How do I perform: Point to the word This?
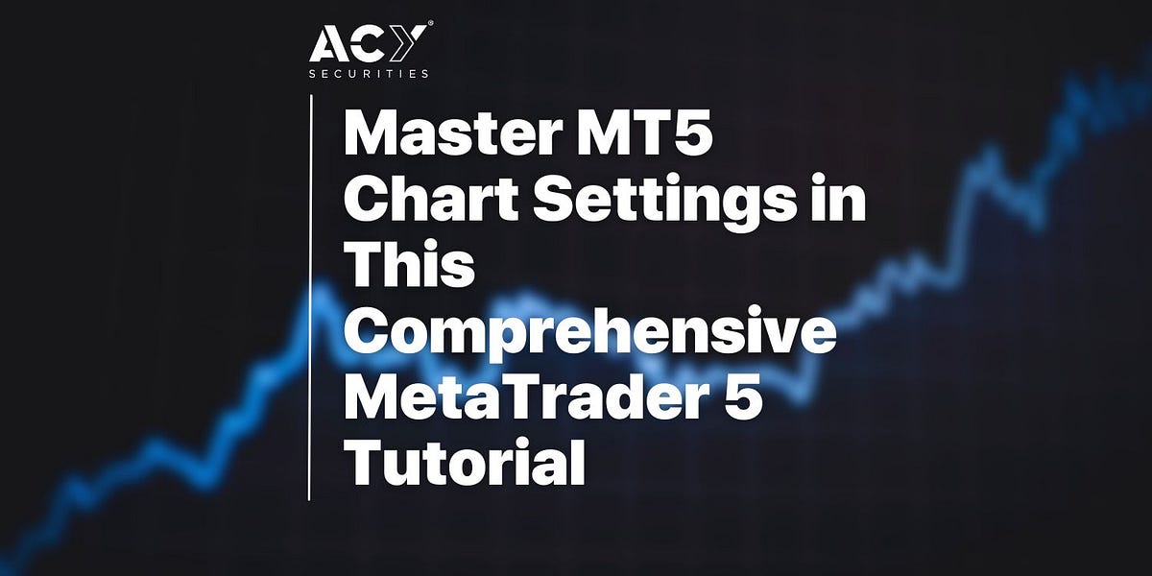point(410,266)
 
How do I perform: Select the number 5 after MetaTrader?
point(746,396)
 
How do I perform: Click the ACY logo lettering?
point(369,45)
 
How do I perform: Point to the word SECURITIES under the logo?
point(369,74)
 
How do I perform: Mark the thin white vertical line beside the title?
point(310,298)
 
